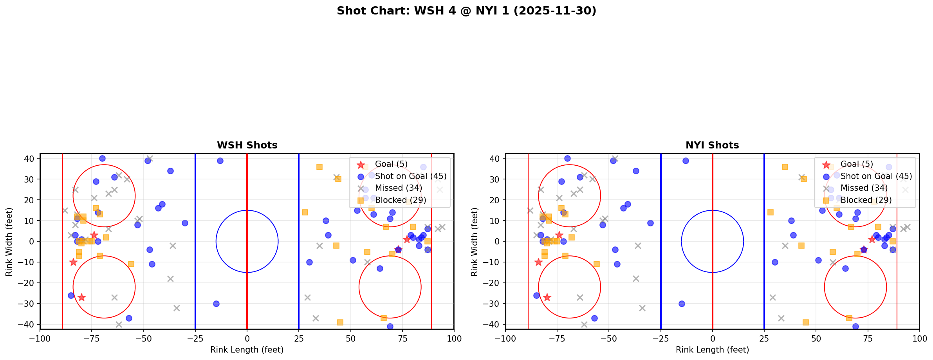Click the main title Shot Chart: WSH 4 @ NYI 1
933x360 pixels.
[466, 11]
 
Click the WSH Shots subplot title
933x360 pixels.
[247, 145]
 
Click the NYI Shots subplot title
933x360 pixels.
[712, 145]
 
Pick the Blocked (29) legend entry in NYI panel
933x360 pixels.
[866, 200]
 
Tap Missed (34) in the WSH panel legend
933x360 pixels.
[398, 188]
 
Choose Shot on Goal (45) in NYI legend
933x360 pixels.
[876, 176]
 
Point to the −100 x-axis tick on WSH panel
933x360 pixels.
[40, 338]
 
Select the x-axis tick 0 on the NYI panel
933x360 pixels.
[712, 338]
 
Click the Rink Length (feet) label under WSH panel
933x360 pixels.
[247, 350]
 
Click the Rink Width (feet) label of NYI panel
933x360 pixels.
[475, 241]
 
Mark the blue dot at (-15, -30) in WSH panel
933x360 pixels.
[216, 304]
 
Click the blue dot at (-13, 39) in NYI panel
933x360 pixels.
[686, 161]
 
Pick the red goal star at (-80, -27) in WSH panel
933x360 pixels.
[81, 297]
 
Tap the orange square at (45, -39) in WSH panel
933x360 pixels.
[340, 322]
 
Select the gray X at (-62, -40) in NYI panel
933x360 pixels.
[584, 324]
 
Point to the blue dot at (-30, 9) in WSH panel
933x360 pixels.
[185, 223]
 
